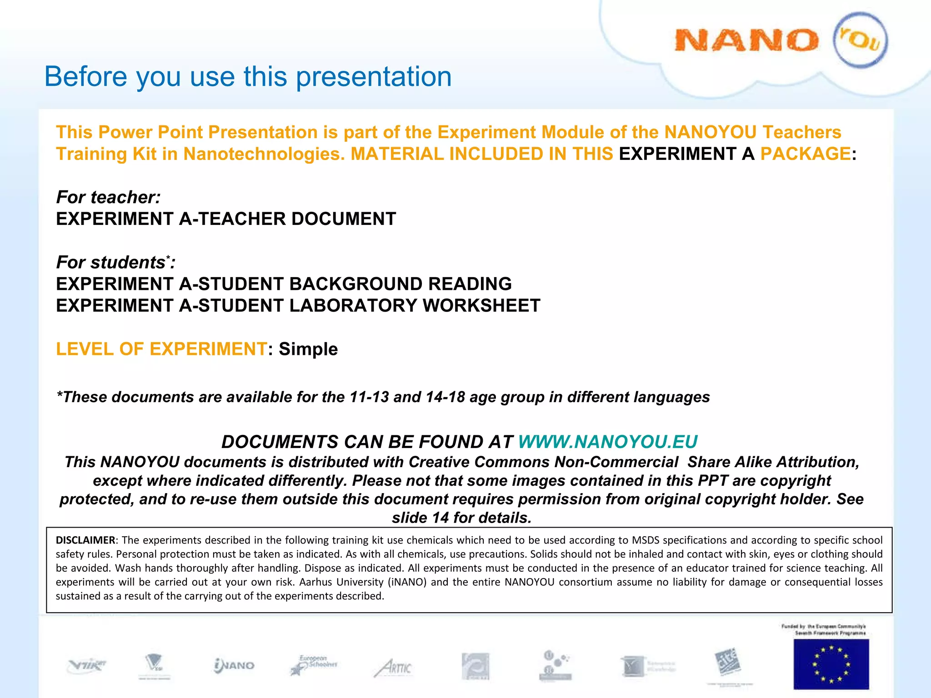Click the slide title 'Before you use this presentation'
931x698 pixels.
tap(248, 76)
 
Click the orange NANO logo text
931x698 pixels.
tap(746, 41)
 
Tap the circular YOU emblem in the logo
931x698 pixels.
tap(860, 40)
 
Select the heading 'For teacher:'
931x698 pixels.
tap(108, 197)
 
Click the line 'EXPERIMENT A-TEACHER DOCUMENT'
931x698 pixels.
tap(226, 219)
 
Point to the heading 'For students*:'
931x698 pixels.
tap(115, 262)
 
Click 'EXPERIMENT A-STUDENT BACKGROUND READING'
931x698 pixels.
tap(284, 284)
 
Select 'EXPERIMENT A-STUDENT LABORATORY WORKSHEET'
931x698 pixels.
tap(298, 306)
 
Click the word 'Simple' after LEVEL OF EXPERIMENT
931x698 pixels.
tap(308, 349)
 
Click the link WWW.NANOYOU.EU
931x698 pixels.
tap(607, 442)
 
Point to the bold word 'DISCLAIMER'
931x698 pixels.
tap(85, 540)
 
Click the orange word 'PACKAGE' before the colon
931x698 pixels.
tap(805, 154)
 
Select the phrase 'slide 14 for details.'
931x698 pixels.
tap(461, 518)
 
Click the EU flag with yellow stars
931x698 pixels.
tap(831, 664)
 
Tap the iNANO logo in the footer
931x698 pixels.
tap(234, 666)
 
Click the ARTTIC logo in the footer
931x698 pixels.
tap(393, 668)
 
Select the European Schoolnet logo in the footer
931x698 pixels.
tap(314, 665)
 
